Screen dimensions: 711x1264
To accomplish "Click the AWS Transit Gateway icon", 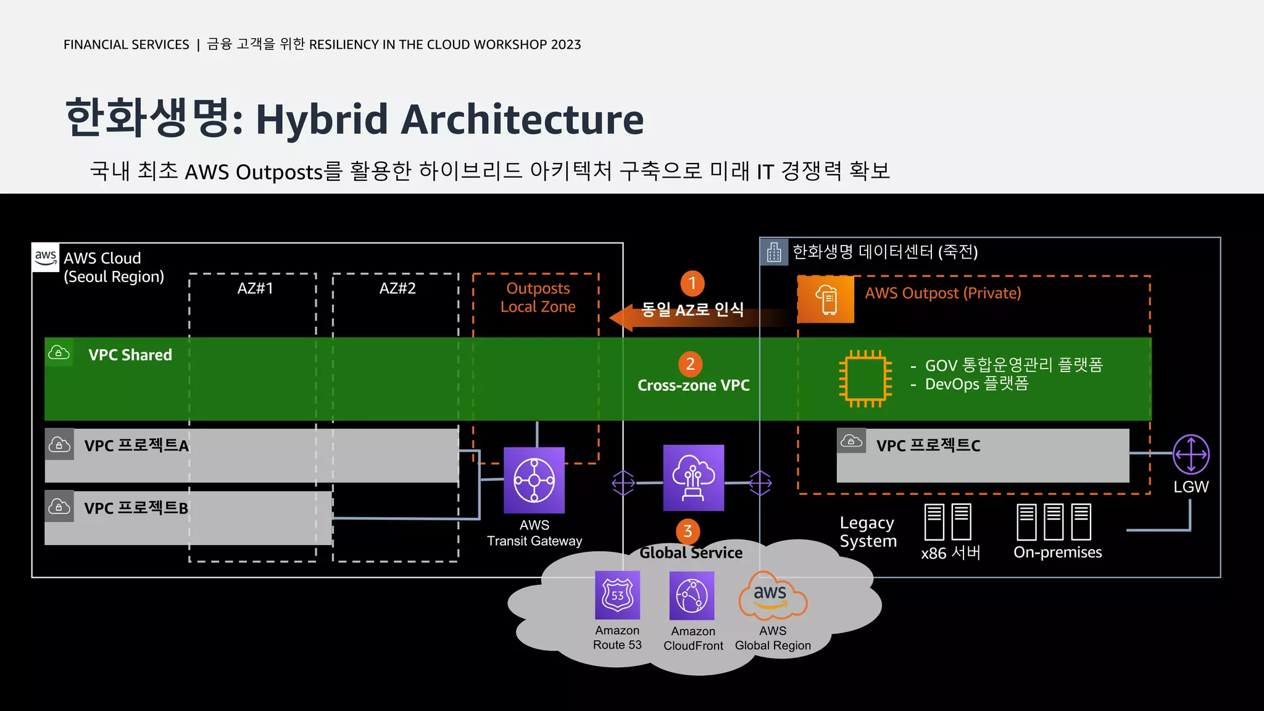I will [x=534, y=480].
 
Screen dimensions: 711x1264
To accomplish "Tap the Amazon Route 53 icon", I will [x=617, y=595].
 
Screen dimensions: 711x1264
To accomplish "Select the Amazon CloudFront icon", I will [x=692, y=596].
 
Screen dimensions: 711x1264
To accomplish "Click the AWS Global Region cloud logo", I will [x=771, y=596].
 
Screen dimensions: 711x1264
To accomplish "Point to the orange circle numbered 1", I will [x=692, y=283].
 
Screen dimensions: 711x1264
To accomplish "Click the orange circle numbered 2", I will [x=690, y=364].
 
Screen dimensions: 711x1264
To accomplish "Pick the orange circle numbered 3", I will [x=688, y=531].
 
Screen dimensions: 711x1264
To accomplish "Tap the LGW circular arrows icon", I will [x=1191, y=454].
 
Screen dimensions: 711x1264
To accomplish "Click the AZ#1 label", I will [x=255, y=288].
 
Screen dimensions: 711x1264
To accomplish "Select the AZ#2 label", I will [x=397, y=288].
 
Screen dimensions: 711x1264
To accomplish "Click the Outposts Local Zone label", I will [x=538, y=297].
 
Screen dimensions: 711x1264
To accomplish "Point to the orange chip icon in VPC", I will [x=865, y=378].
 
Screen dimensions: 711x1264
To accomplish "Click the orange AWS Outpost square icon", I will [x=826, y=299].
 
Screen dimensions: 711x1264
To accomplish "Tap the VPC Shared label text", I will [x=130, y=355].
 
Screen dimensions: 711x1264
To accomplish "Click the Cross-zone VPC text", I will [x=693, y=386].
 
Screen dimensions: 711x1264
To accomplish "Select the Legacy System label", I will [x=868, y=532].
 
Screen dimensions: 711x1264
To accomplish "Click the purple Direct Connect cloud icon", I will [x=693, y=478].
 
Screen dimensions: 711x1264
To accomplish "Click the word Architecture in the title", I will [x=522, y=119].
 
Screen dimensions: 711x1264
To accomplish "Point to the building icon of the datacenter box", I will [x=774, y=252].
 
